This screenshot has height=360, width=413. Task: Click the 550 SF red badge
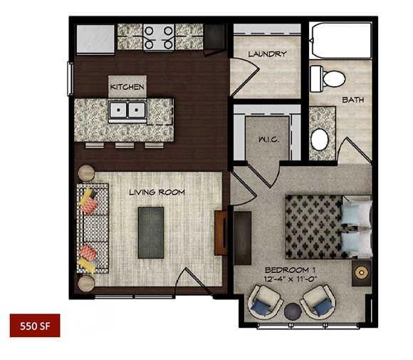tap(35, 326)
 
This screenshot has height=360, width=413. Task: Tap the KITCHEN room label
tap(127, 87)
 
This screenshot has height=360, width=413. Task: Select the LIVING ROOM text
tap(157, 192)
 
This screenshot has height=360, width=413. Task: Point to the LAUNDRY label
tap(267, 54)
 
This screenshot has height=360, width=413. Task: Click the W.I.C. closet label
tap(268, 140)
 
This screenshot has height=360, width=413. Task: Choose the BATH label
tap(353, 100)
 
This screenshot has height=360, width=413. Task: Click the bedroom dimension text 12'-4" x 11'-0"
tap(291, 279)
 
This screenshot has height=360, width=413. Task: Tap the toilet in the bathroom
tap(328, 79)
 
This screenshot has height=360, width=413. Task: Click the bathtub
tap(341, 41)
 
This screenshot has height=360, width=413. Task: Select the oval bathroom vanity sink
tap(320, 140)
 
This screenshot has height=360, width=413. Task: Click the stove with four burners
tap(159, 38)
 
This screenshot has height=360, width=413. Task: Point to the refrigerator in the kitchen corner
tap(95, 39)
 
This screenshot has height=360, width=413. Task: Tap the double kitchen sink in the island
tap(127, 110)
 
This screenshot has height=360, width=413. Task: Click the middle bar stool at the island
tap(125, 145)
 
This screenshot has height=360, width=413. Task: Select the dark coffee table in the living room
tap(151, 232)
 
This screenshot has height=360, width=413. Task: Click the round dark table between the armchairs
tap(293, 312)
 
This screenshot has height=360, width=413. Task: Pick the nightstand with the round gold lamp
tap(362, 273)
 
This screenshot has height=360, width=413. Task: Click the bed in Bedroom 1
tap(328, 227)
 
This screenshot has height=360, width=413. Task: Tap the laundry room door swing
tap(245, 76)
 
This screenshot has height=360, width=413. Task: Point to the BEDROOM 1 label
tap(291, 270)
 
